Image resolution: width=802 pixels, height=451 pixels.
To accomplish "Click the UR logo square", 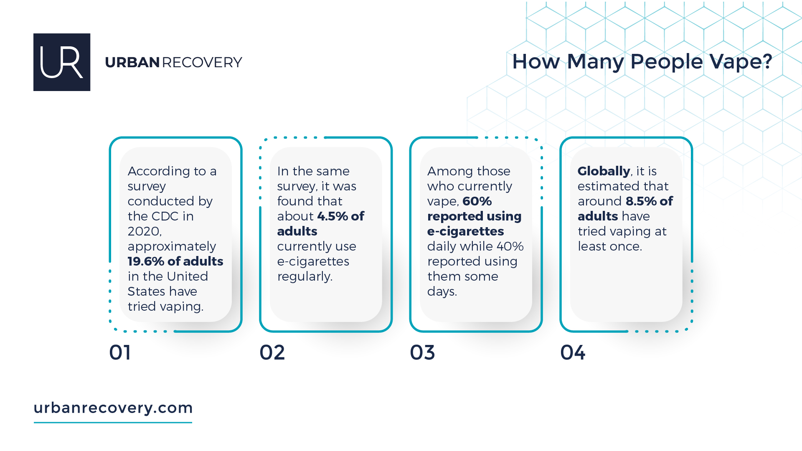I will coord(62,62).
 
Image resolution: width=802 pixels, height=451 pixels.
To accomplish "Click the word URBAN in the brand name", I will coord(132,63).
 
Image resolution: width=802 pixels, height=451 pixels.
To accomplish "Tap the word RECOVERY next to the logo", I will coord(202,63).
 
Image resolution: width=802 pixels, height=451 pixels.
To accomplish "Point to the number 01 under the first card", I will coord(120,352).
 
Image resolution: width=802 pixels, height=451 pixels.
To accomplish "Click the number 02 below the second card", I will coord(272,352).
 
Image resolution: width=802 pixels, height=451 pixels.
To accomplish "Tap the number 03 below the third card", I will coord(422,352).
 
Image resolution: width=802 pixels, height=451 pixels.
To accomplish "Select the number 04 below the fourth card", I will coord(573,352).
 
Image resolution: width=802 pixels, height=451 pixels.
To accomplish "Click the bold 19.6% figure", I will coord(146,261).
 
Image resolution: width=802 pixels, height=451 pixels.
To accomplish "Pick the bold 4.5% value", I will coord(332,216).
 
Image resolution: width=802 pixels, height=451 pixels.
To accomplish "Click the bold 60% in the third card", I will coord(477,201).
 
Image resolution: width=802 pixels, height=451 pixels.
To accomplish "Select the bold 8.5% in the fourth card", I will coord(641,201).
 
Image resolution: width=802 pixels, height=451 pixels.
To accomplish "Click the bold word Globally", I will coord(604,171).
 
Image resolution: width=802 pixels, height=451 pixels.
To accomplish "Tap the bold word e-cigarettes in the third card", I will coord(465,231).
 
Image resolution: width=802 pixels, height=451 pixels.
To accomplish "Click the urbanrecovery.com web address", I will coord(113,408).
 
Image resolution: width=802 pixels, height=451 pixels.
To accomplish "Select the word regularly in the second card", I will coord(304,276).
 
